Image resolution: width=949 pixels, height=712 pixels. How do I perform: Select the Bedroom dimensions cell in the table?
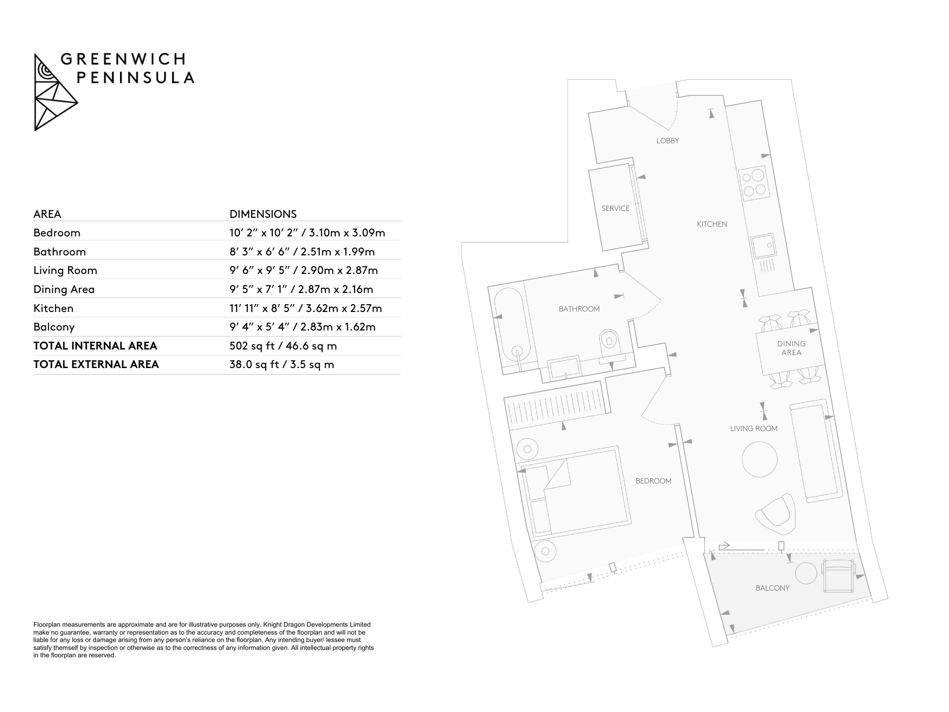pyautogui.click(x=307, y=233)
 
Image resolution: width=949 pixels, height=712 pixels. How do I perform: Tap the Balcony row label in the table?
pyautogui.click(x=54, y=327)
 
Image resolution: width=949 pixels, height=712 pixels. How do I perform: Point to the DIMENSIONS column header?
pyautogui.click(x=263, y=214)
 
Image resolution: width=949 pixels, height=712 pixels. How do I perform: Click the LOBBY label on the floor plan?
pyautogui.click(x=667, y=140)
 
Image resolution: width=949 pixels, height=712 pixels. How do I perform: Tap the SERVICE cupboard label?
pyautogui.click(x=615, y=209)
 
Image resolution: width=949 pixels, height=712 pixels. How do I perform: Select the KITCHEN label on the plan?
pyautogui.click(x=712, y=224)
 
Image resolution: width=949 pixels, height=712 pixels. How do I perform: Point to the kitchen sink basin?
pyautogui.click(x=763, y=246)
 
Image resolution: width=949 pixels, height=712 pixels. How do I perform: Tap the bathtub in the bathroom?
pyautogui.click(x=513, y=331)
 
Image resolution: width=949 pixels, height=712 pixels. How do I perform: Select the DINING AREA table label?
pyautogui.click(x=791, y=348)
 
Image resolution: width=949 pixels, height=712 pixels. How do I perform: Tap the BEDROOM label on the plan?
pyautogui.click(x=653, y=481)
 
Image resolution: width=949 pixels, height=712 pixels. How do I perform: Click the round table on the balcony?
pyautogui.click(x=806, y=574)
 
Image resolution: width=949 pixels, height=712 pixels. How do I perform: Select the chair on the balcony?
pyautogui.click(x=838, y=576)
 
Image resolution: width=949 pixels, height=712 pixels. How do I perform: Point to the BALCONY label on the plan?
pyautogui.click(x=772, y=588)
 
